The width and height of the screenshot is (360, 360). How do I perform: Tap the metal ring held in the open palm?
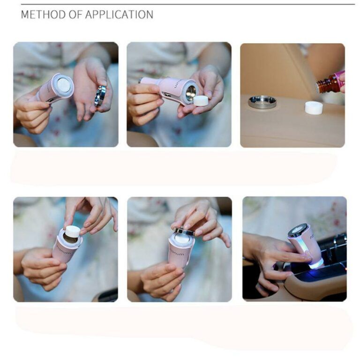tap(100, 95)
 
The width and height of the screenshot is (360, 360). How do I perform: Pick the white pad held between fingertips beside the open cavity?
tap(201, 100)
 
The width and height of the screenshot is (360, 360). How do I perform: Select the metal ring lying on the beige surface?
tap(262, 102)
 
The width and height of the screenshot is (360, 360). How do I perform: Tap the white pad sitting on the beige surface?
tap(314, 107)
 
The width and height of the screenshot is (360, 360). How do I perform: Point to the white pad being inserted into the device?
tap(72, 231)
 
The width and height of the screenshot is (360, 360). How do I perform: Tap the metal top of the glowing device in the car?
tap(298, 230)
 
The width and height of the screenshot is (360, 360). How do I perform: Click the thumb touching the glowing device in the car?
tap(300, 257)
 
